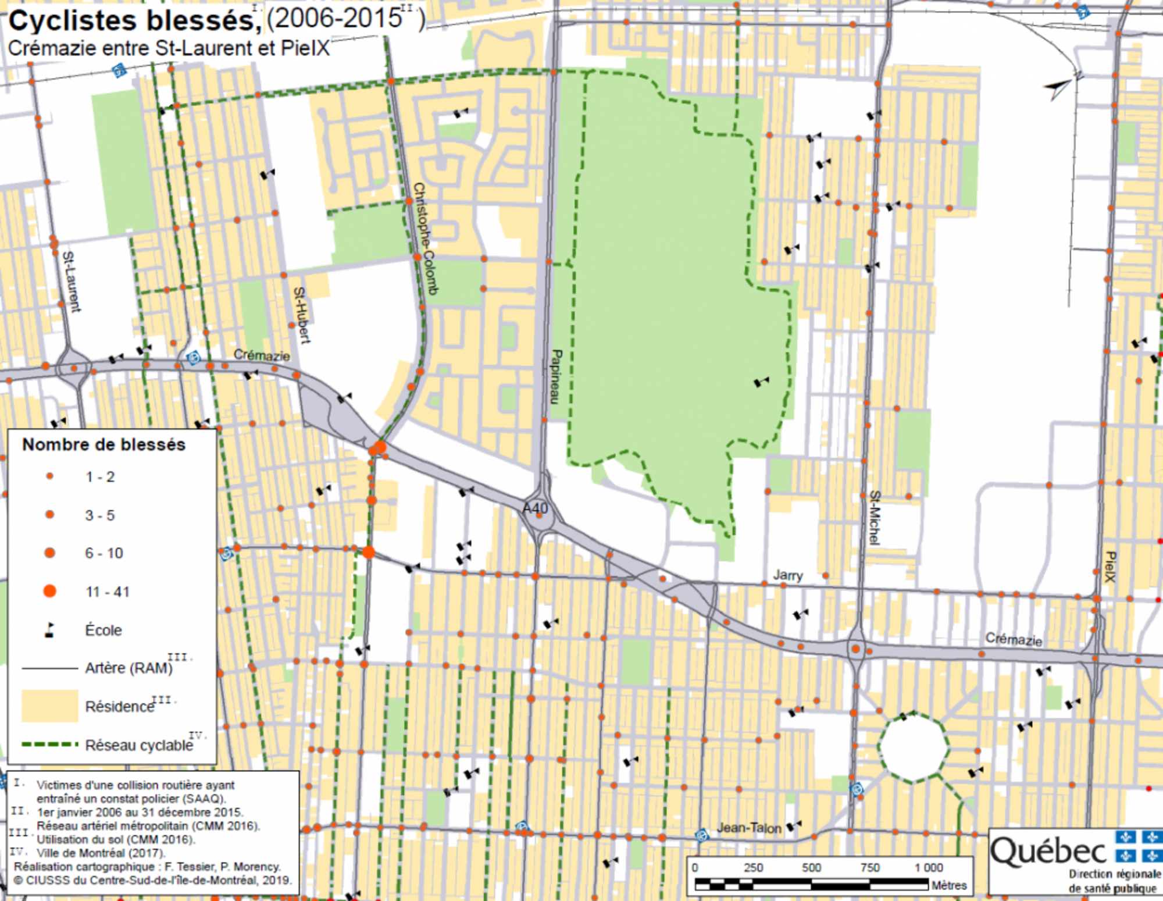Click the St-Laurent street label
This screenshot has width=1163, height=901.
pos(71,282)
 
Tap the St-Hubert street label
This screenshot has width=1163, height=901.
pos(301,315)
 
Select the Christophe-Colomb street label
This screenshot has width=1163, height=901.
pos(425,238)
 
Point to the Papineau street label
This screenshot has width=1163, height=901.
pos(556,376)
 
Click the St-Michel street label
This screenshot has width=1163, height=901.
pos(874,518)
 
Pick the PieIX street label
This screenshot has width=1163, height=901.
pos(1110,567)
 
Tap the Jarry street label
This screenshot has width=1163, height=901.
pos(787,575)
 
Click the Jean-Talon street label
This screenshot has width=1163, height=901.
pos(748,828)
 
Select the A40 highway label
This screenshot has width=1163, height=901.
pos(535,508)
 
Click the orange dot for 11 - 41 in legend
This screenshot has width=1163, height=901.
pos(50,591)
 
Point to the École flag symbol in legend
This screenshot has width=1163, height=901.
pos(50,630)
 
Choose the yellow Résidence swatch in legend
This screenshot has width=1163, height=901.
pos(50,706)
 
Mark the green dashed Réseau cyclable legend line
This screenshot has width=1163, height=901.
pos(50,744)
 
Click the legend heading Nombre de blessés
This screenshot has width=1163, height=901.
pos(104,444)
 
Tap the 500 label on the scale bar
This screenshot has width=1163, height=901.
pos(811,867)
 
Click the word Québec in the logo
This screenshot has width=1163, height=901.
pos(1048,852)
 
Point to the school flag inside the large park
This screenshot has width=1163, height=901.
pos(761,382)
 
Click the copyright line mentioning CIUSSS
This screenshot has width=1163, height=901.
pos(152,880)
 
